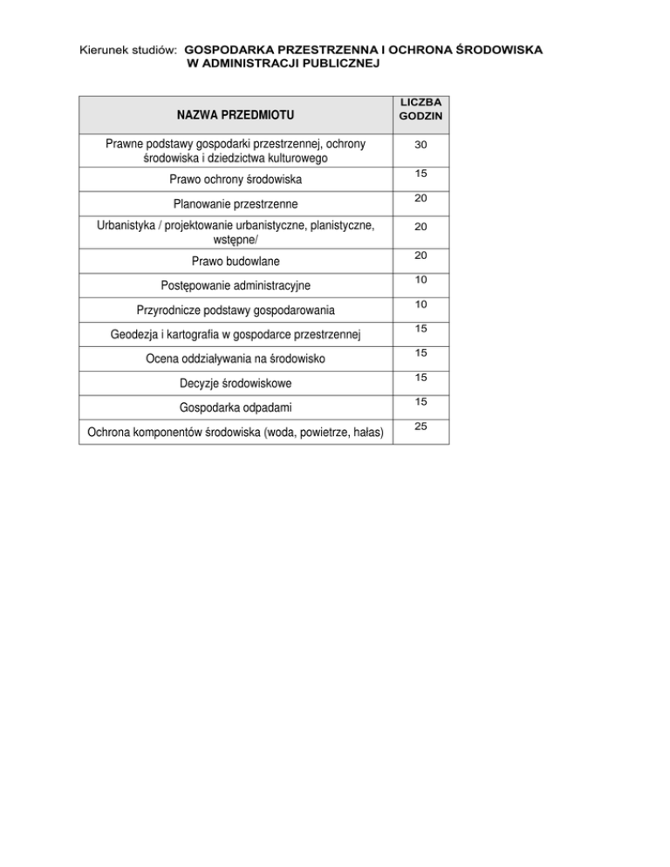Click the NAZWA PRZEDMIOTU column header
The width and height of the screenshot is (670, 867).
click(235, 114)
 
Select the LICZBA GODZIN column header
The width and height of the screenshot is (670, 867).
click(420, 109)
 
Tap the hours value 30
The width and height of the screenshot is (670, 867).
click(420, 143)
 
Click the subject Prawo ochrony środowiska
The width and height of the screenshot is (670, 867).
click(235, 181)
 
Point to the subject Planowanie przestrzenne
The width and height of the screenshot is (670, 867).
click(235, 204)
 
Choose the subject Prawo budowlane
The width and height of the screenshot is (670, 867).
click(235, 261)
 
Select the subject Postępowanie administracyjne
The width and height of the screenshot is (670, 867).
click(235, 285)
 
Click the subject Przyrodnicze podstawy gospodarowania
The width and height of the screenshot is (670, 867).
click(235, 310)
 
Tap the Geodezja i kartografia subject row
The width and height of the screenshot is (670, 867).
click(235, 334)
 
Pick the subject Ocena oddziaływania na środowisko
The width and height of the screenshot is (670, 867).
click(235, 358)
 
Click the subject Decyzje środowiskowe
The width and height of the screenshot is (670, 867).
click(235, 383)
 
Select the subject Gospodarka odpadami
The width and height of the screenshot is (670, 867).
click(235, 407)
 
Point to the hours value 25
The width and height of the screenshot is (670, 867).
click(420, 427)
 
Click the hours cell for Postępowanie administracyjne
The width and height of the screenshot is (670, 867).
click(420, 280)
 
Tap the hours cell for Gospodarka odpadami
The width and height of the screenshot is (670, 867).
click(420, 402)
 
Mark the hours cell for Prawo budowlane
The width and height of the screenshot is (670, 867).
click(420, 256)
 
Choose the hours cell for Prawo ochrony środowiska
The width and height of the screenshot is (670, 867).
click(420, 175)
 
